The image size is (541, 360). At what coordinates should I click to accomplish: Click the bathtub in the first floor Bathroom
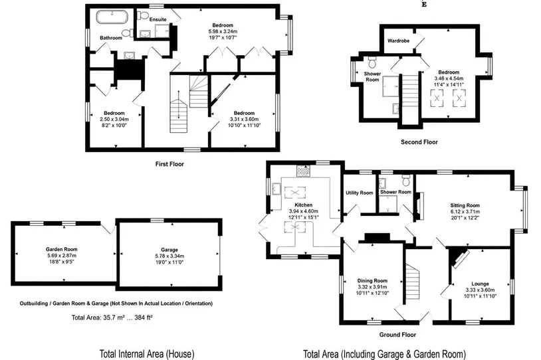[112, 17]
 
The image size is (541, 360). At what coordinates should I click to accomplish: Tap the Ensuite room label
[158, 19]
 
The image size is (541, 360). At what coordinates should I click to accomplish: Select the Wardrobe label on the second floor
[398, 41]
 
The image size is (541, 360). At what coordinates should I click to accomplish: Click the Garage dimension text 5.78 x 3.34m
[169, 256]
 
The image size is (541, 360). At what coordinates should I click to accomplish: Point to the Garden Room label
[62, 249]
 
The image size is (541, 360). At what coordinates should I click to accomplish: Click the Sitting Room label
[465, 205]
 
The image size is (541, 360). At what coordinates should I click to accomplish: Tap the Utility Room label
[359, 193]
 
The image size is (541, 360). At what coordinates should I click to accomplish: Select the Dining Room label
[372, 281]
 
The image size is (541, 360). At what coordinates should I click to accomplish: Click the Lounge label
[480, 284]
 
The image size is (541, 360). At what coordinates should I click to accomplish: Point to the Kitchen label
[303, 205]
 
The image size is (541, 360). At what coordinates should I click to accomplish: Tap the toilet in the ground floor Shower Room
[406, 180]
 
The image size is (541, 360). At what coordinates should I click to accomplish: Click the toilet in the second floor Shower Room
[372, 62]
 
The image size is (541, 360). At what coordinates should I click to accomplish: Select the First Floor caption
[169, 164]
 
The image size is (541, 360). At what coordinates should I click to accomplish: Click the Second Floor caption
[419, 142]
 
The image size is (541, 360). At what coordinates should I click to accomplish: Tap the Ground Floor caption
[397, 335]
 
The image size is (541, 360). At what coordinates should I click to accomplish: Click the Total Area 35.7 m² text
[112, 317]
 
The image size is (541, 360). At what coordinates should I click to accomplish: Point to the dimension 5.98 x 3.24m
[223, 31]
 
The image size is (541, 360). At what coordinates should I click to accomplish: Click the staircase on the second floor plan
[410, 100]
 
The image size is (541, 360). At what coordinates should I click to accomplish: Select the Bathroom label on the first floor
[111, 38]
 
